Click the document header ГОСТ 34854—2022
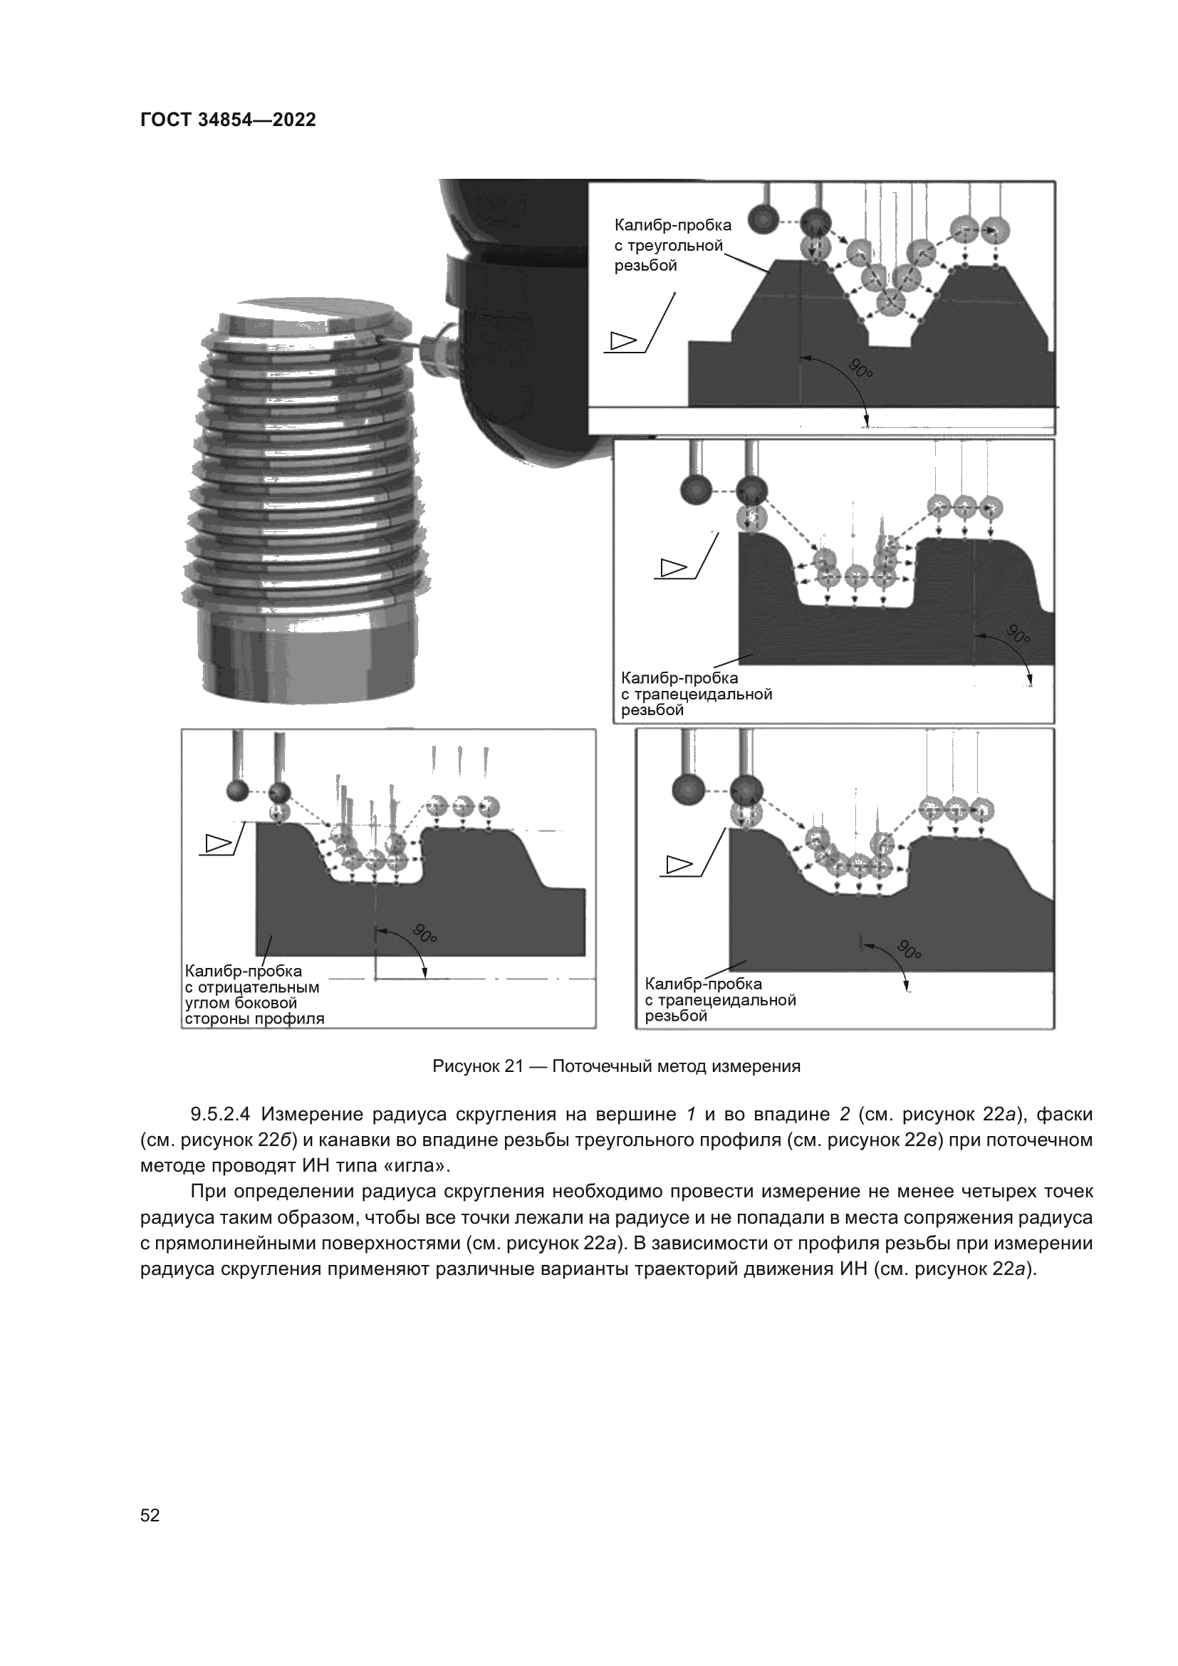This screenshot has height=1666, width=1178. tap(228, 120)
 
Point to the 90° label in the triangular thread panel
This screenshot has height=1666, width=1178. tap(860, 370)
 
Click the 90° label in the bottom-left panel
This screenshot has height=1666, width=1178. tap(424, 933)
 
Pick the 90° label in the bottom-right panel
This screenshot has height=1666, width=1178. tap(909, 948)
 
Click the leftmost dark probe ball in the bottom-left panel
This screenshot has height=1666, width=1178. tap(237, 791)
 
